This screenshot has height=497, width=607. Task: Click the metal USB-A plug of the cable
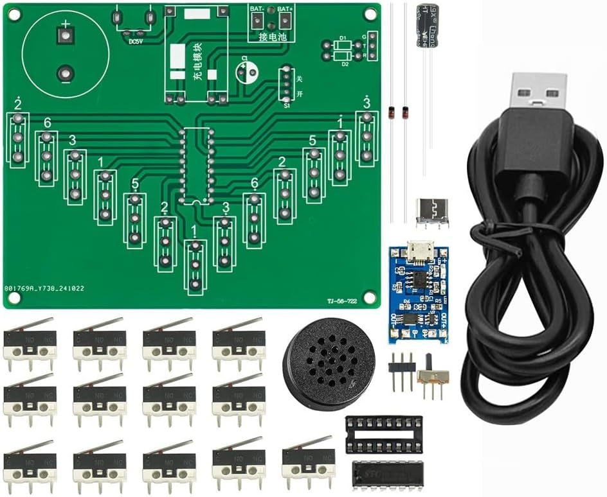[539, 90]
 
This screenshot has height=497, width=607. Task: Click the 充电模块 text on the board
[197, 62]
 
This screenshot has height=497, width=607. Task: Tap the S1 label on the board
[287, 105]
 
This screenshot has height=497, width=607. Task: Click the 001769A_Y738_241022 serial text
[44, 289]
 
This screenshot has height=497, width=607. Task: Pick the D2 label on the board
[345, 64]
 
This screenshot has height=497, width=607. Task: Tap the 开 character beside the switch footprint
[299, 94]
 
